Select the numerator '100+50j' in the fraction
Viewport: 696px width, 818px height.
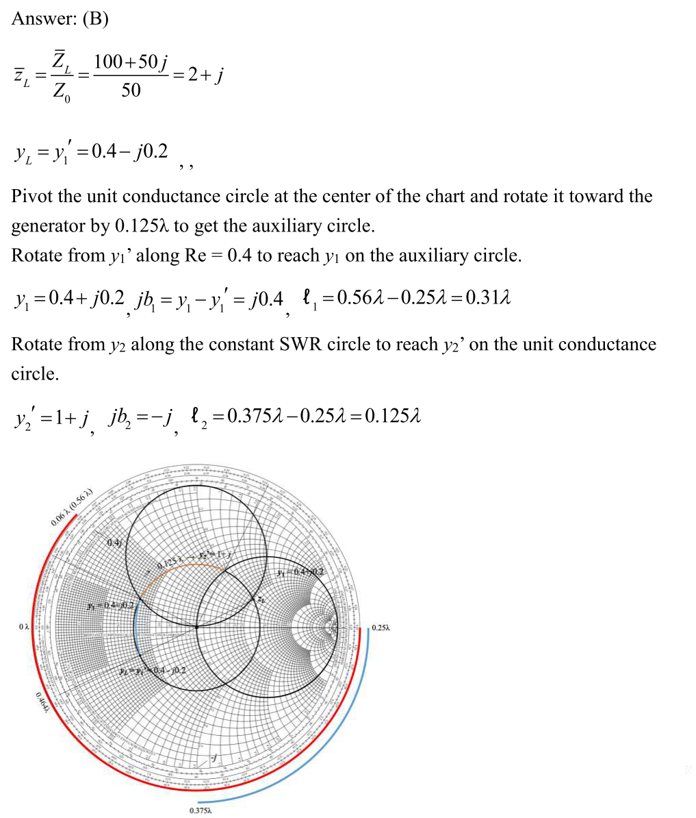click(x=131, y=62)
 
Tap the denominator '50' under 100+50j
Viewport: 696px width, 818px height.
click(x=131, y=90)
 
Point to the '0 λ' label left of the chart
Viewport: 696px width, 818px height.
click(x=25, y=625)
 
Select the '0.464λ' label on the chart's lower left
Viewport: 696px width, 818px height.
click(x=42, y=702)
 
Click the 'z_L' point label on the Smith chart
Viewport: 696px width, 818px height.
click(x=261, y=599)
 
